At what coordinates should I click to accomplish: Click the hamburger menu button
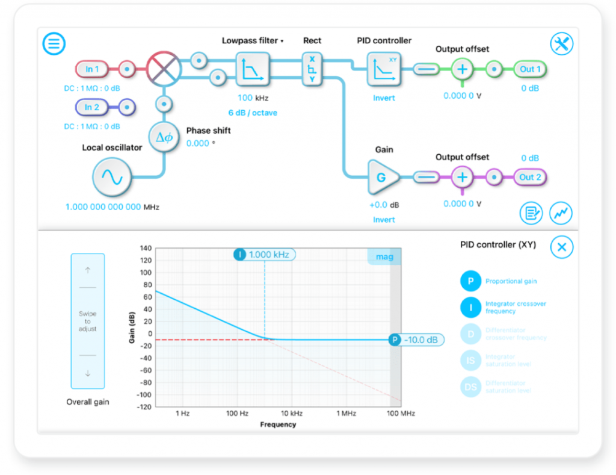point(54,43)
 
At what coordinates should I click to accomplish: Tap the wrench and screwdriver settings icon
point(562,43)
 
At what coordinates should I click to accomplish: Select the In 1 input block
point(92,69)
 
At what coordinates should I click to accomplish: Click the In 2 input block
point(92,107)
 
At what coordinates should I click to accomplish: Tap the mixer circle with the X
point(164,69)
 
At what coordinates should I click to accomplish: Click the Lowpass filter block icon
point(253,69)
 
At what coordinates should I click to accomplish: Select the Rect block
point(312,68)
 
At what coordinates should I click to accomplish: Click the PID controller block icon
point(384,69)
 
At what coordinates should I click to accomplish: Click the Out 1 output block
point(530,69)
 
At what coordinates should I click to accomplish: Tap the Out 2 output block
point(530,178)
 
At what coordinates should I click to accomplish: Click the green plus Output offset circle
point(462,69)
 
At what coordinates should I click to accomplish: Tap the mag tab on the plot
point(384,257)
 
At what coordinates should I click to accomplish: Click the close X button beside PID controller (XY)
point(562,247)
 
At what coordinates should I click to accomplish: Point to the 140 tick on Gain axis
point(145,248)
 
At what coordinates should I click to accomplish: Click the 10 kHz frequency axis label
point(292,414)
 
